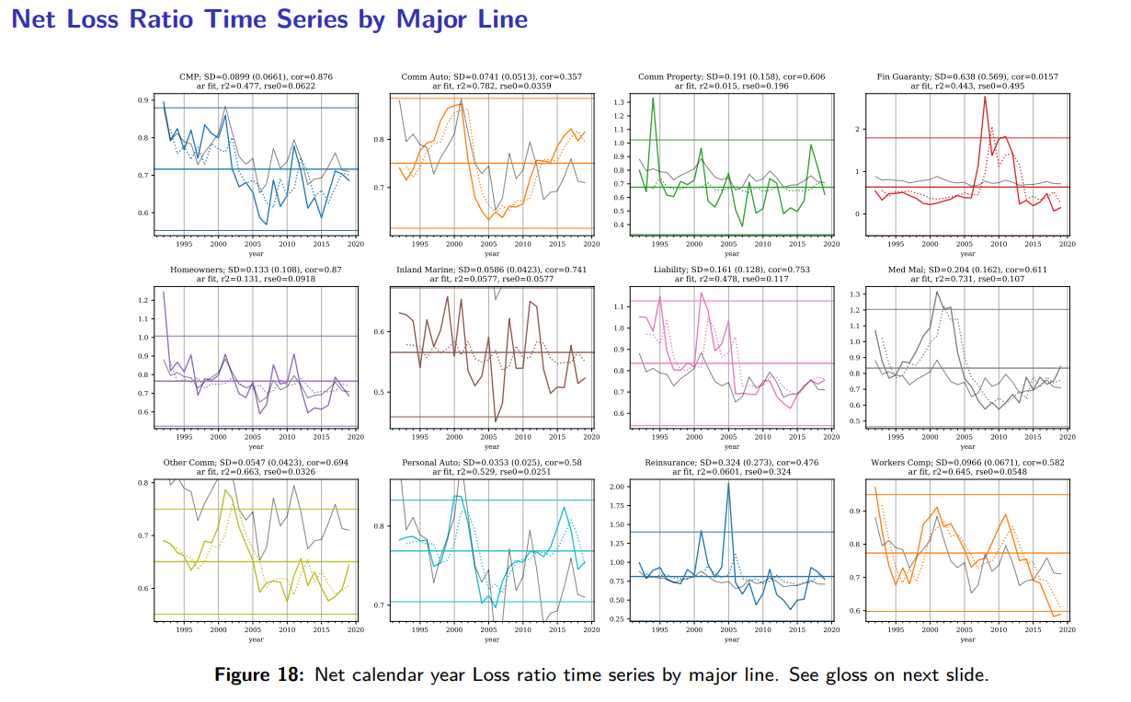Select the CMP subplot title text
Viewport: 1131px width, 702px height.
[x=256, y=76]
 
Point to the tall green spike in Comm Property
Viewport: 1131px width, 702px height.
[x=653, y=98]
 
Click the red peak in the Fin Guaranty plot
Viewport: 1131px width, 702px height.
[x=985, y=97]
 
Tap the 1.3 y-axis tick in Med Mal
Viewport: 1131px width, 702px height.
[x=856, y=293]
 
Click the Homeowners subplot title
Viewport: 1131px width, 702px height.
[x=256, y=270]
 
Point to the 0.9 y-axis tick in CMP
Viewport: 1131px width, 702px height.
[x=144, y=100]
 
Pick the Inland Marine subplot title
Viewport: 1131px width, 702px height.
[x=492, y=270]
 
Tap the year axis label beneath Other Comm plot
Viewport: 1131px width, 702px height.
[x=256, y=639]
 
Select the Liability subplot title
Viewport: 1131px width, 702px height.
[x=731, y=270]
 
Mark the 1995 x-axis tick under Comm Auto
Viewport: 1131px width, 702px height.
[x=419, y=244]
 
